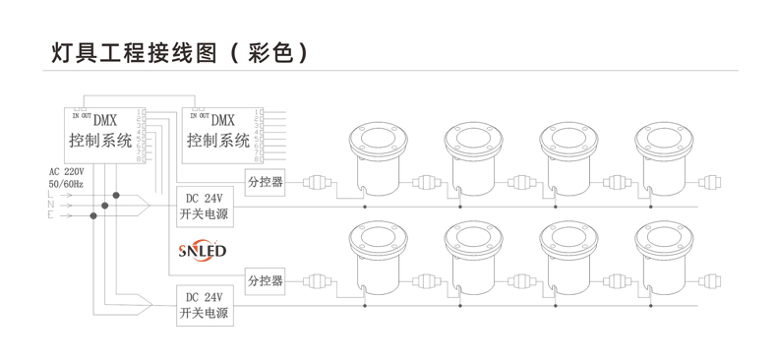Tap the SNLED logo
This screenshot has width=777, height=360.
(203, 251)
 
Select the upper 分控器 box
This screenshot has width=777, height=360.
(266, 182)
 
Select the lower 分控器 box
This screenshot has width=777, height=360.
(266, 280)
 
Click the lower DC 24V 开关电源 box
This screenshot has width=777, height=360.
(204, 305)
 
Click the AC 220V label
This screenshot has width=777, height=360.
(66, 171)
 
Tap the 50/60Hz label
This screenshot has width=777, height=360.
(66, 184)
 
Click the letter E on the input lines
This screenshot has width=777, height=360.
(50, 215)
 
